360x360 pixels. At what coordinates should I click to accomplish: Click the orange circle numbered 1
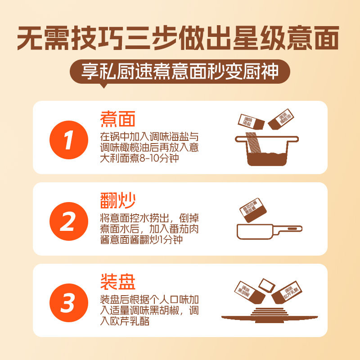point(69,140)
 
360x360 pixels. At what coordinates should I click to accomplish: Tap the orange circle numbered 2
point(69,221)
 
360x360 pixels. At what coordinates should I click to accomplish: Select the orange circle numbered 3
point(69,303)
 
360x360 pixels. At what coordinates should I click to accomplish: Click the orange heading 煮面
point(117,119)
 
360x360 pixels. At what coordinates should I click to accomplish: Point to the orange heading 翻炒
point(117,200)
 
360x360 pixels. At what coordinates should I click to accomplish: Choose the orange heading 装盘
point(118,282)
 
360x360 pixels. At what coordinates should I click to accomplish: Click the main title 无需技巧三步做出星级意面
point(178,38)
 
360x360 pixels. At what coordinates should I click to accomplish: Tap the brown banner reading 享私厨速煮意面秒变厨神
point(180,72)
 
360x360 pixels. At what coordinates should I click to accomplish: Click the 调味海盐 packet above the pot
point(251,121)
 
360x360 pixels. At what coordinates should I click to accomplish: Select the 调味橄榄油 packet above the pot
point(281,119)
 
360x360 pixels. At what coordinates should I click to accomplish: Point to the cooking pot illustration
point(267,150)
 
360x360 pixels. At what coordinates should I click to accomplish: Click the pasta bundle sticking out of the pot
point(253,142)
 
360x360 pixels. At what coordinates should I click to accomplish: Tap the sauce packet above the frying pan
point(253,210)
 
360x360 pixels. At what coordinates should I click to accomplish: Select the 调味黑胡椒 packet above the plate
point(250,292)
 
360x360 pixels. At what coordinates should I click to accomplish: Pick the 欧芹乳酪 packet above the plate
point(287,292)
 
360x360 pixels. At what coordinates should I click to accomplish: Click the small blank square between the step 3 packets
point(266,285)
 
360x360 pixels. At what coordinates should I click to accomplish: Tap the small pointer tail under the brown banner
point(104,85)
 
